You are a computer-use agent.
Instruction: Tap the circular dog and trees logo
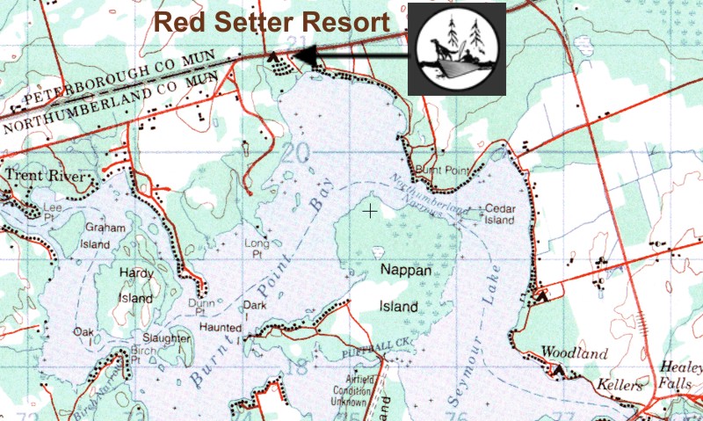click(x=456, y=49)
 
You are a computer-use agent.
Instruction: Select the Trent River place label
click(x=47, y=177)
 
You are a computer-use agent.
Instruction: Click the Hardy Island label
click(x=136, y=286)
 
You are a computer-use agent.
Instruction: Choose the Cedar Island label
click(x=499, y=215)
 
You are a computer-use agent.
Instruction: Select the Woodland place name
click(x=574, y=353)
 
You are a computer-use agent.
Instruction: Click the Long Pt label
click(x=257, y=248)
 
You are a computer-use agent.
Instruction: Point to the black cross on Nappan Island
click(x=371, y=211)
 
